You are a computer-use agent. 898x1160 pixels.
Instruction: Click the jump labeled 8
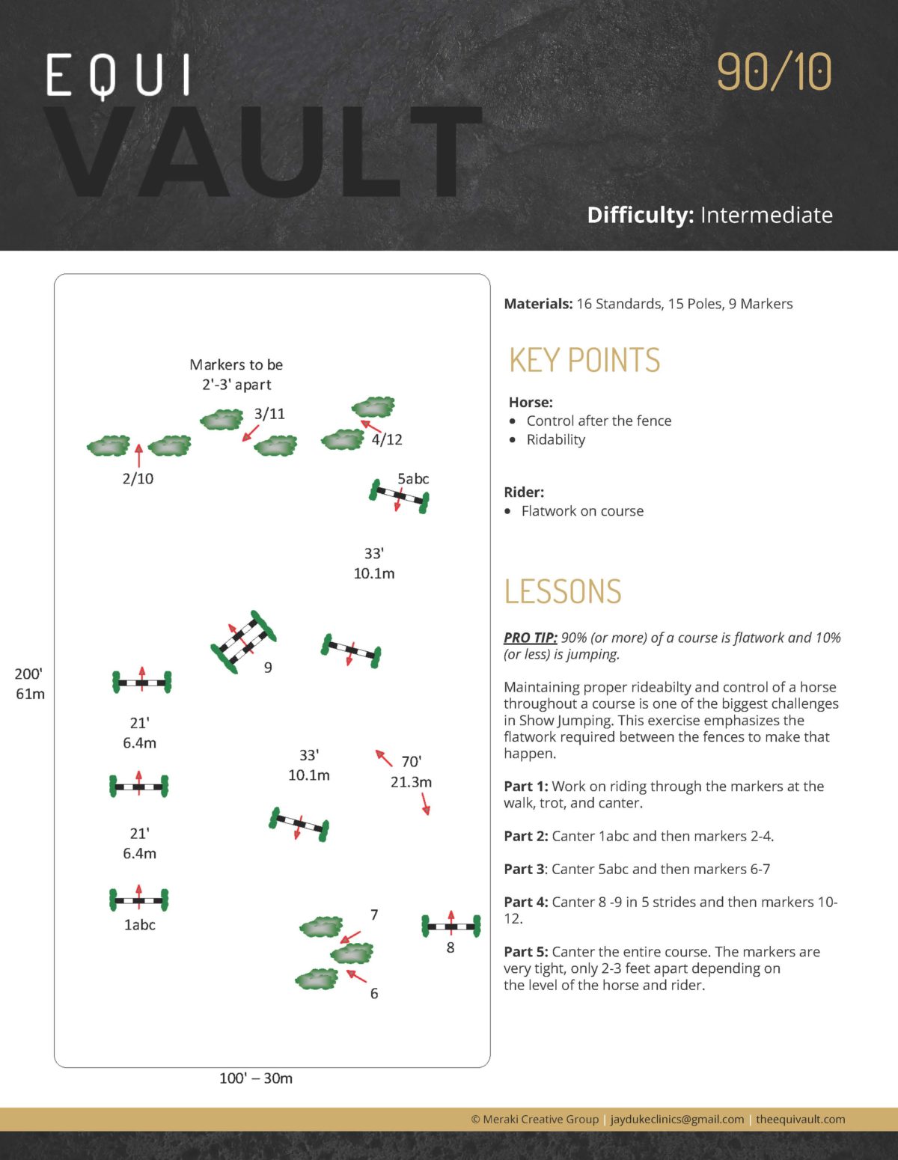(450, 927)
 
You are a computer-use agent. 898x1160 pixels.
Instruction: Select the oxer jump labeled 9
(243, 642)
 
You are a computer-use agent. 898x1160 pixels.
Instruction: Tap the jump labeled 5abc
(399, 495)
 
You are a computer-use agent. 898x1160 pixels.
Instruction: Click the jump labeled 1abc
(139, 900)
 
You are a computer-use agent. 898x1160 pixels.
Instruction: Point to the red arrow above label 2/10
(138, 455)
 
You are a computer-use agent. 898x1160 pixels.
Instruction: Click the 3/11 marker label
(269, 414)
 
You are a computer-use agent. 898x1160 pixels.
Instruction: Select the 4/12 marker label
(387, 440)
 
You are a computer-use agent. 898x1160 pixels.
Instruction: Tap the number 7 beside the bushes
(374, 915)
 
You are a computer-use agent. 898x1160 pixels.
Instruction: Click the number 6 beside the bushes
(374, 994)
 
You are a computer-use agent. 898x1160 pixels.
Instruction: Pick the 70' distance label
(411, 762)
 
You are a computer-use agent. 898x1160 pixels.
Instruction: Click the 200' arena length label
(28, 674)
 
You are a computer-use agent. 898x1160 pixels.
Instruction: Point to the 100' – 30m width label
(256, 1078)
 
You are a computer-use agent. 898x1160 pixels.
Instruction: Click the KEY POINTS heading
(584, 360)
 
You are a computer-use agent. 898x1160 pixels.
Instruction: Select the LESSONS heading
(563, 591)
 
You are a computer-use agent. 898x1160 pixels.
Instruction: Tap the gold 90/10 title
(774, 72)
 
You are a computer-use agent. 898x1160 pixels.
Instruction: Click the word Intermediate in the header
(766, 216)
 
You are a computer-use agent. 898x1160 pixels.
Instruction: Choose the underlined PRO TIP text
(530, 638)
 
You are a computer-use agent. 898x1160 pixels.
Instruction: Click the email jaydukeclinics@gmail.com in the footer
(677, 1120)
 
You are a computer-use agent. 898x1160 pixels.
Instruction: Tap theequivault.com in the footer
(800, 1120)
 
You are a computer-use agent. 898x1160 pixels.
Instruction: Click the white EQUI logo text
(118, 76)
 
